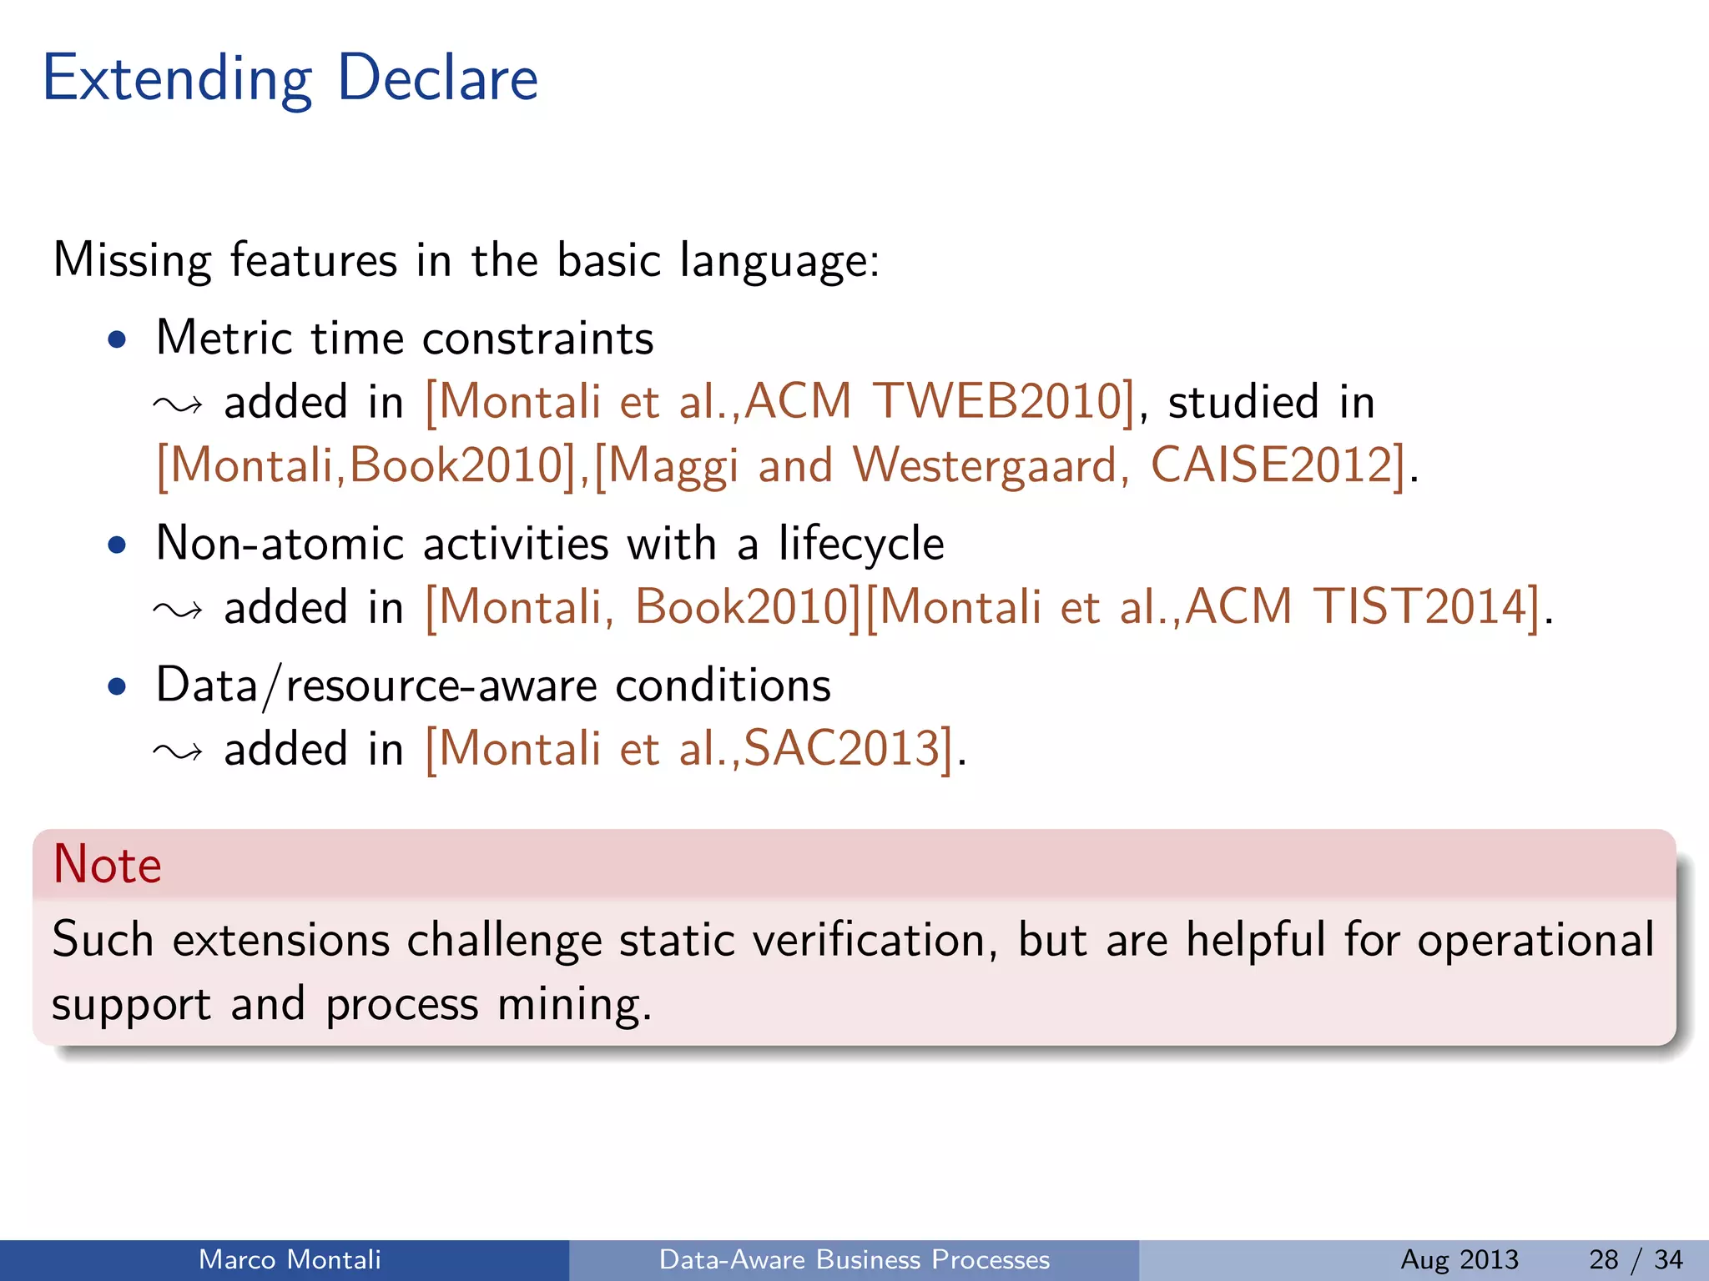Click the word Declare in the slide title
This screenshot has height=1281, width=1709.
[437, 78]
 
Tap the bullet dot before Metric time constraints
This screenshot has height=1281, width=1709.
[118, 339]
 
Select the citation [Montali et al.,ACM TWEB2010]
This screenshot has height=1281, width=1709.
[780, 401]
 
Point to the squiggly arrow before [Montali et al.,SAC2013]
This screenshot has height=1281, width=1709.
[178, 751]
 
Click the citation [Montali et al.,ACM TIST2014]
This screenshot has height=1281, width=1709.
[1202, 606]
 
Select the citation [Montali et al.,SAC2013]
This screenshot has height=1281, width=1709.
[689, 748]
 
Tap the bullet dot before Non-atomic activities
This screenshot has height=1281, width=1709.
[118, 545]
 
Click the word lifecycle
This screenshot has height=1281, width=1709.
[860, 544]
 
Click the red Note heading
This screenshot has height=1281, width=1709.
[107, 864]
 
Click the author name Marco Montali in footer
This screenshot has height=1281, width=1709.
[290, 1259]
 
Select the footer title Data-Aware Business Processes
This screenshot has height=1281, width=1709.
[854, 1259]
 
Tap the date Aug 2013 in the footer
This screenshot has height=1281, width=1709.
[1459, 1259]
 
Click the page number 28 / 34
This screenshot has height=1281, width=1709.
[1635, 1259]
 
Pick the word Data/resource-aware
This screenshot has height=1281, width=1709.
[375, 686]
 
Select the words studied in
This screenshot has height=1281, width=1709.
[1270, 401]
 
